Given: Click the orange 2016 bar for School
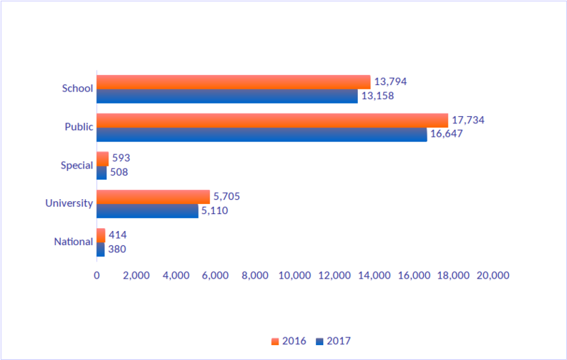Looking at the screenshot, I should [x=233, y=81].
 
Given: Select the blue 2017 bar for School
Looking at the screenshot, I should [x=227, y=96].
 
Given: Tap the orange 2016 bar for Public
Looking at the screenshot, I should [x=272, y=120].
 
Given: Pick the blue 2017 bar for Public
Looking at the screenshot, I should [x=262, y=135].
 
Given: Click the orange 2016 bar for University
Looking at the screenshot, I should [x=153, y=196].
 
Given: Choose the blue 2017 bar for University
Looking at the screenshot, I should [x=147, y=211].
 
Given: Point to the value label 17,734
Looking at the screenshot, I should [x=468, y=120].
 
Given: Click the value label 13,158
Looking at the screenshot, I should [x=377, y=96].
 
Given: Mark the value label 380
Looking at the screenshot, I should [x=117, y=249].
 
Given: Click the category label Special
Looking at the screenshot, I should [x=77, y=165].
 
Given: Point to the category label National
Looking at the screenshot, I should [x=73, y=242].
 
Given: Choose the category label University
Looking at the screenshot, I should [x=69, y=203].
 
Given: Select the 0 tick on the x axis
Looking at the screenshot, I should [x=96, y=276].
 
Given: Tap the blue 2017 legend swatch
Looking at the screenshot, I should [x=320, y=342].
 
